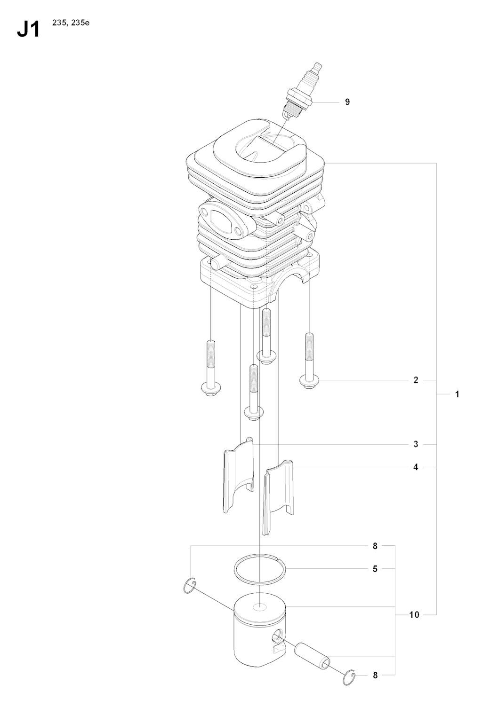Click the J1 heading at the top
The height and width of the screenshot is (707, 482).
(x=28, y=30)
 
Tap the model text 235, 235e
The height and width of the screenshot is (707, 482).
(x=71, y=23)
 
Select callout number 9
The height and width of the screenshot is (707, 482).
(x=347, y=102)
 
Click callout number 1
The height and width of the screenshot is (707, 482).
(x=457, y=394)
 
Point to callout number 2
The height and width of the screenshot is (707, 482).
(x=416, y=380)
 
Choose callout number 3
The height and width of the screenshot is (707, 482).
(x=416, y=444)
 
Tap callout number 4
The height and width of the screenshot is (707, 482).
(x=416, y=467)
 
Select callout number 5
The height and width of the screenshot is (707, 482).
(x=375, y=569)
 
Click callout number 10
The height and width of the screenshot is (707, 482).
(x=414, y=614)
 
